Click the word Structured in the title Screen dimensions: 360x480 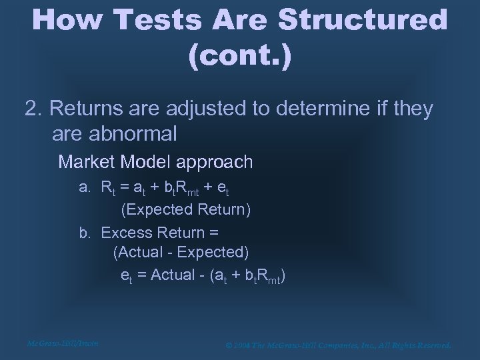pos(363,20)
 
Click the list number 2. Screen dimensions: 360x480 pos(33,109)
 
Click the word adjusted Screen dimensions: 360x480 pos(190,109)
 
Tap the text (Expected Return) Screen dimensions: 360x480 pos(185,210)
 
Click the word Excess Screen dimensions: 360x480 pos(127,233)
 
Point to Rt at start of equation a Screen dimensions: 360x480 pos(108,188)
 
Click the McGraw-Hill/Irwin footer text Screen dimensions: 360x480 pos(63,344)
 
